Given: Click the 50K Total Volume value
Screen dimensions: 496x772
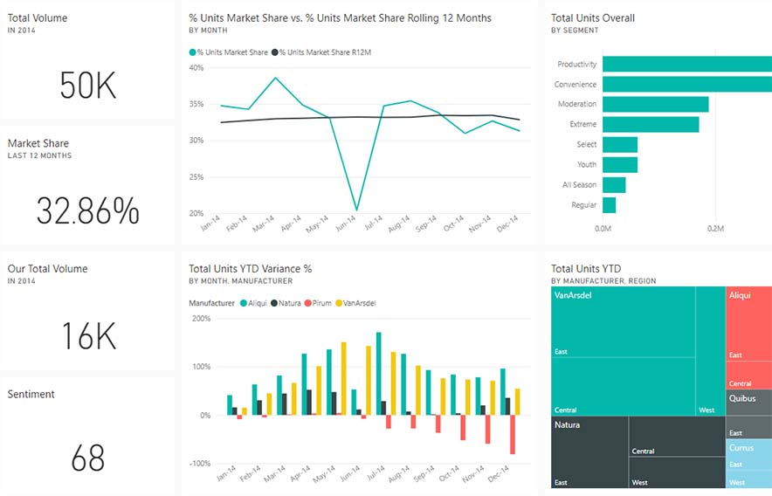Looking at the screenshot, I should [x=87, y=86].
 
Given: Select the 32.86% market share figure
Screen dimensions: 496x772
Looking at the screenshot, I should [x=87, y=211].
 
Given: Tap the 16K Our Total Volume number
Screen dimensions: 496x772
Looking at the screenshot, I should [x=87, y=336].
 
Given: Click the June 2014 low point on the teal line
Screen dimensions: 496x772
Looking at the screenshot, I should [x=355, y=210].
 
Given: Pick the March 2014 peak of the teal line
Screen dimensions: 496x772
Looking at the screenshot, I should [x=275, y=78].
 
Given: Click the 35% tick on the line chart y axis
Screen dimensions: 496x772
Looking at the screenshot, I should [x=196, y=104].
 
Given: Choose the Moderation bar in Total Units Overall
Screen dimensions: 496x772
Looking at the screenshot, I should [x=655, y=105].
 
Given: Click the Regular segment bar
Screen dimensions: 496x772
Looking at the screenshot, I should [x=609, y=205].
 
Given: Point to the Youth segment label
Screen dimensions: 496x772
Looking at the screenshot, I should [x=586, y=165].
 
